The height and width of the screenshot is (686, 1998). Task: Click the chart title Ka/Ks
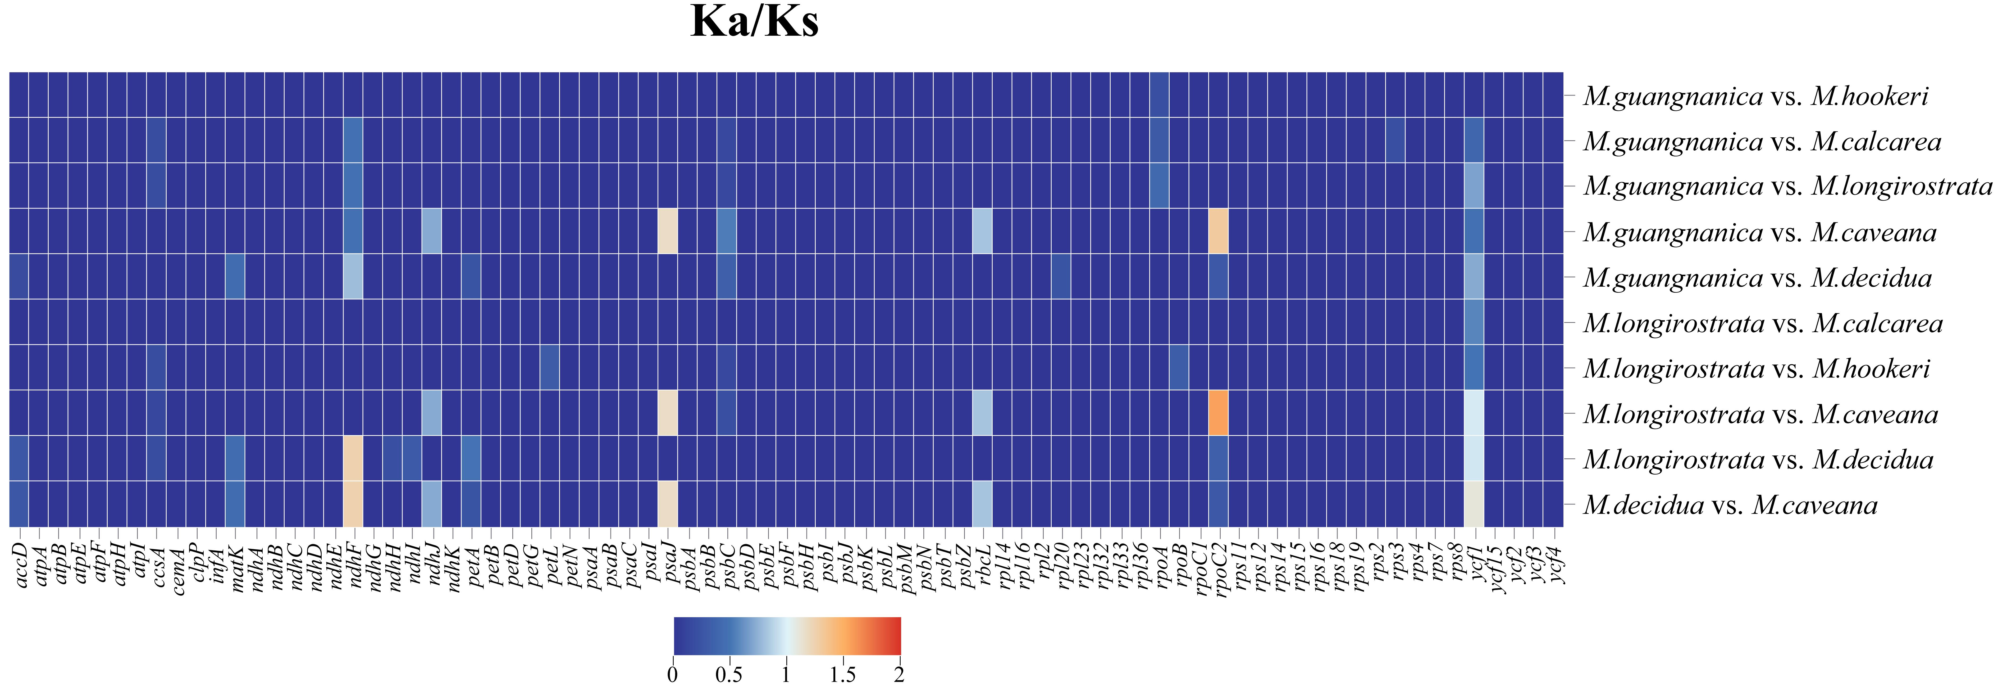coord(754,22)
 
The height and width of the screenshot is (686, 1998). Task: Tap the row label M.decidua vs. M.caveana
coord(1730,505)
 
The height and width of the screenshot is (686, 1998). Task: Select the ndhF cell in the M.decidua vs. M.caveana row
coord(353,504)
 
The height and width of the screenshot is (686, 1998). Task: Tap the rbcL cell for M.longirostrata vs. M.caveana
coord(982,413)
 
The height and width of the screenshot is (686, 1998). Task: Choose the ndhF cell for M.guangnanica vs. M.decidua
coord(353,276)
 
